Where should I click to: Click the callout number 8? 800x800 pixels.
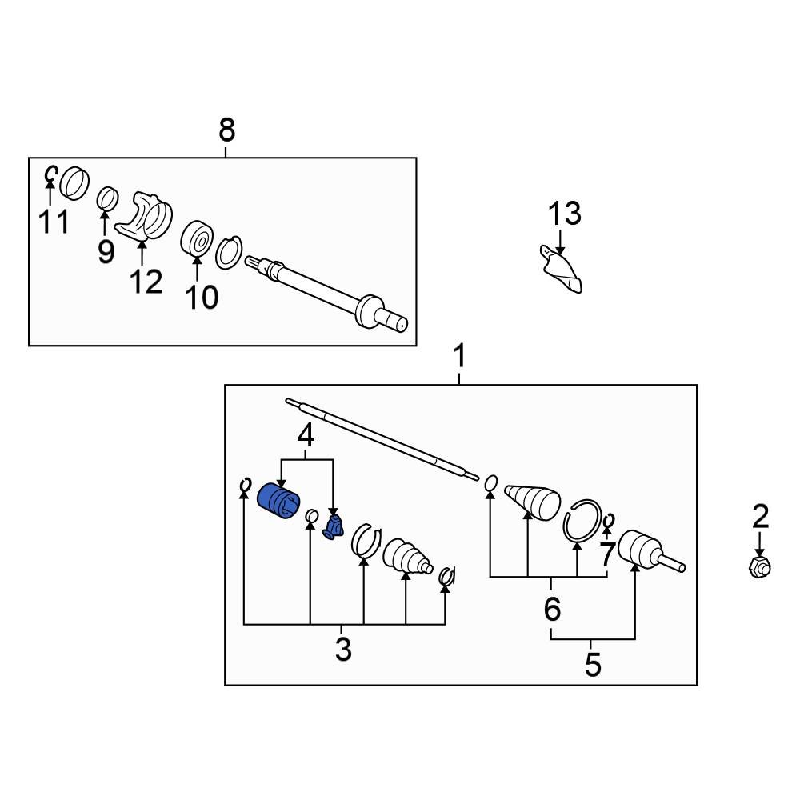[227, 129]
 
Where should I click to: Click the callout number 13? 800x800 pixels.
[564, 214]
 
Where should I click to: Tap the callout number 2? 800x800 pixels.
[759, 517]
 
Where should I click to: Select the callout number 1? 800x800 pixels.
[459, 356]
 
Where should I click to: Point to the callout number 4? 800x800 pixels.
[306, 436]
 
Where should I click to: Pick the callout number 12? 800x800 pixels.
[146, 281]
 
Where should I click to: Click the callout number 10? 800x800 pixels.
[201, 297]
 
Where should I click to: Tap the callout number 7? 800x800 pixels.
[606, 552]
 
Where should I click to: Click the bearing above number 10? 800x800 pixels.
[197, 238]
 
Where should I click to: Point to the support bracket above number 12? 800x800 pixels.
[147, 215]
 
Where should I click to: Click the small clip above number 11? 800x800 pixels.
[50, 173]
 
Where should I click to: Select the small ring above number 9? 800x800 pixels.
[106, 197]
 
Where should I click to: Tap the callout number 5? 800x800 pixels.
[592, 664]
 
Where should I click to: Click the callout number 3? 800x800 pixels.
[342, 649]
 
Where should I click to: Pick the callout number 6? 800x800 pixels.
[552, 609]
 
